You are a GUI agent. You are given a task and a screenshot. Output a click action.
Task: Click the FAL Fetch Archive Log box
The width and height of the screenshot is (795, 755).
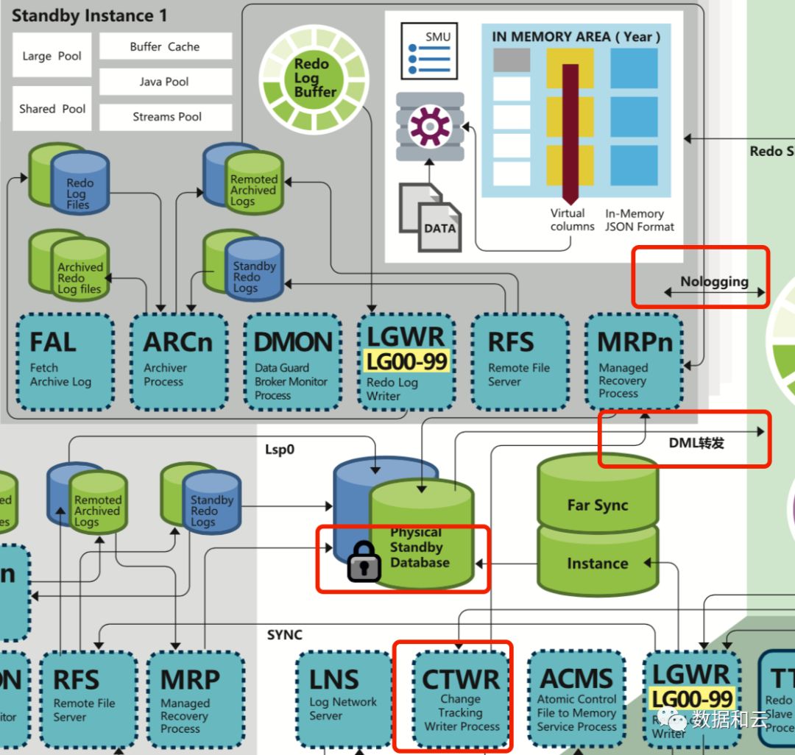pos(65,361)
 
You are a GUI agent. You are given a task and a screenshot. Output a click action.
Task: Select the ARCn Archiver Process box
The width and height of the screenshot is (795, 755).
pos(178,361)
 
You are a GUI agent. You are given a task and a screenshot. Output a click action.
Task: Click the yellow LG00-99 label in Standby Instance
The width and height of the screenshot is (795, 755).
pos(406,361)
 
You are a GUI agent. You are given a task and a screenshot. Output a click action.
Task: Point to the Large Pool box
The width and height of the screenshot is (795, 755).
pos(52,56)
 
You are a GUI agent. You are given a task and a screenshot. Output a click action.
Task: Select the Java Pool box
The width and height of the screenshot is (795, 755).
pos(165,82)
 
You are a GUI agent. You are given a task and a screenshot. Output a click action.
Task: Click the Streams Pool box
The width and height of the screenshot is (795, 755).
pos(166,116)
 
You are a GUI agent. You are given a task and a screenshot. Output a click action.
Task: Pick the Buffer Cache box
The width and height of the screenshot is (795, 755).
pos(165,46)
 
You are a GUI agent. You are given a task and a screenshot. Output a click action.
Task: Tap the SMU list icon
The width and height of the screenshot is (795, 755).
pos(425,50)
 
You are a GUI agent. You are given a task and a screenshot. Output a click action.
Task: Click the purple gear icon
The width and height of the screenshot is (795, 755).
pos(430,126)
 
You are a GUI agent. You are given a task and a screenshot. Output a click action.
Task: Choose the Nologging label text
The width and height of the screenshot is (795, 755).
pos(714,281)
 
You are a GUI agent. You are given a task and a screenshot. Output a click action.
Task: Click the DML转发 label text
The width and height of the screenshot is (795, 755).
pos(696,443)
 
